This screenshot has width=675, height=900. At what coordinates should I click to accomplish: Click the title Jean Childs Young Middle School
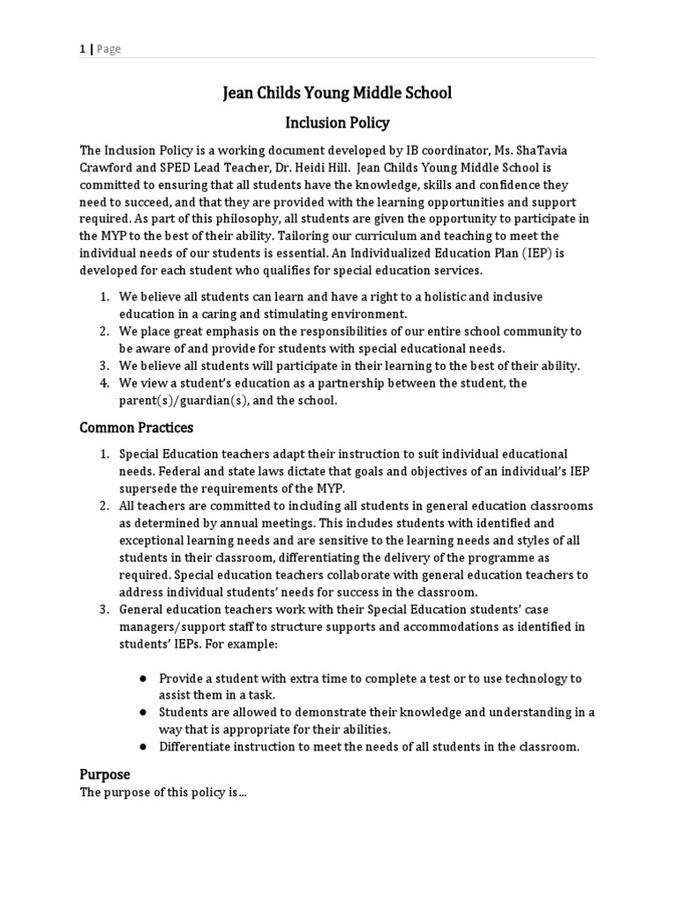337,93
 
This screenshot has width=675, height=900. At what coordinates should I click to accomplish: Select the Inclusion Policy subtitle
337,123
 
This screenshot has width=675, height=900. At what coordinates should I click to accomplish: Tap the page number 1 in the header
83,49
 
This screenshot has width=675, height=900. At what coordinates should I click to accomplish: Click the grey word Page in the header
109,49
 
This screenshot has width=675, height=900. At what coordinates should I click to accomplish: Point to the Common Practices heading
136,428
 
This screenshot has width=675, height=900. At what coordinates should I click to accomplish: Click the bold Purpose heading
105,774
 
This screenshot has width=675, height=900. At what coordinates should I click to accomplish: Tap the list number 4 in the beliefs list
103,383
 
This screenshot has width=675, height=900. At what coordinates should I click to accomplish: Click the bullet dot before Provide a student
142,679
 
